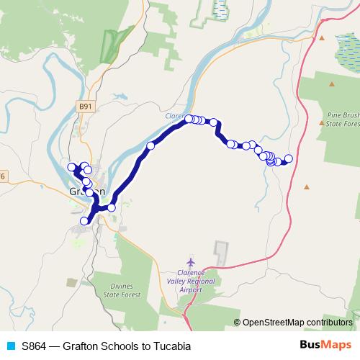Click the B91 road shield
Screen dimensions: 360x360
[86, 106]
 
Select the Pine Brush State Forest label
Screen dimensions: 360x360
[343, 119]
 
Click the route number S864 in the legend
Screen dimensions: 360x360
[37, 346]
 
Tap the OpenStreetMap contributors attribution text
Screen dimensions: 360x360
[297, 323]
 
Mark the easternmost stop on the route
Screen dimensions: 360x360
[289, 158]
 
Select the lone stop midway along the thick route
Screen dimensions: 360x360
[150, 146]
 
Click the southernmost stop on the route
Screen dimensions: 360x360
[85, 221]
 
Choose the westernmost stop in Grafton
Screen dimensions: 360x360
[71, 167]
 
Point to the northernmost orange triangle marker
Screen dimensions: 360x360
[322, 38]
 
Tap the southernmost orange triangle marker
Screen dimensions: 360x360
[307, 187]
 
